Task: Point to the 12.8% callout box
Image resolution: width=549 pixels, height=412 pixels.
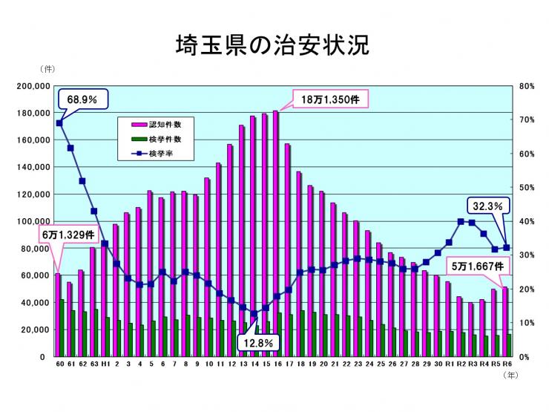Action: [260, 343]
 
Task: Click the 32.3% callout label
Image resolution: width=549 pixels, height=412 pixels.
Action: [487, 206]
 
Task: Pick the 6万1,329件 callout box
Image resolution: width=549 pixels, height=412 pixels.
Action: [68, 235]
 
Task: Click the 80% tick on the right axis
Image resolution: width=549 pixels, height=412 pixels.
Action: [527, 86]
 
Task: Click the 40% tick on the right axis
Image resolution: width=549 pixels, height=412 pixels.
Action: [527, 221]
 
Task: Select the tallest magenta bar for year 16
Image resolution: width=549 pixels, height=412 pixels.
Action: [275, 234]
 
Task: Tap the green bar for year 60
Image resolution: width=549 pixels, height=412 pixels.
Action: [62, 327]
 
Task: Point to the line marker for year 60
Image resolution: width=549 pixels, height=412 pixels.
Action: [59, 123]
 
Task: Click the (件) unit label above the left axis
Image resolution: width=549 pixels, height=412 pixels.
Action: [50, 69]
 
